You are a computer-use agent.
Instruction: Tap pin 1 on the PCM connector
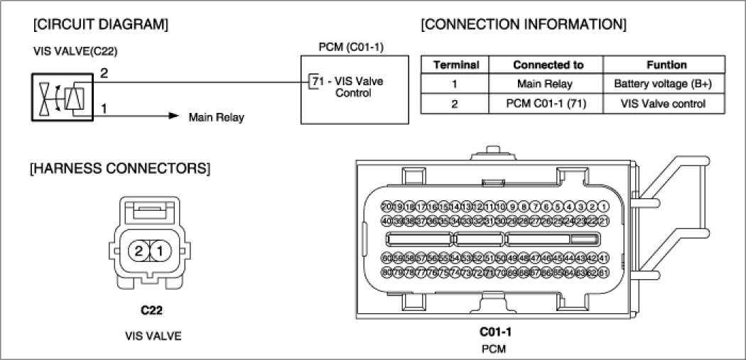click(x=605, y=207)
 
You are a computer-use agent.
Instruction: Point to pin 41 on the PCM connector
click(x=605, y=257)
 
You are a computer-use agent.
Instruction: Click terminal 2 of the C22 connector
click(x=140, y=250)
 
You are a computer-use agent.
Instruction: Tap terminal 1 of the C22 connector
click(x=161, y=250)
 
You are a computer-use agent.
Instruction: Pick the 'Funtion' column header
click(x=666, y=65)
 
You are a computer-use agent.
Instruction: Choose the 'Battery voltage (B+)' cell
click(x=666, y=84)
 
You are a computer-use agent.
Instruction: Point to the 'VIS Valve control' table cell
click(x=666, y=104)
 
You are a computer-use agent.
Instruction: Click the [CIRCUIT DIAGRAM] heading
click(x=100, y=26)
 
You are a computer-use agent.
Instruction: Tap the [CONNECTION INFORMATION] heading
click(x=524, y=26)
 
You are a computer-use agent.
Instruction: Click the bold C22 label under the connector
click(x=153, y=310)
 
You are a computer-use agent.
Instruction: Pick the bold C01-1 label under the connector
click(x=495, y=332)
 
